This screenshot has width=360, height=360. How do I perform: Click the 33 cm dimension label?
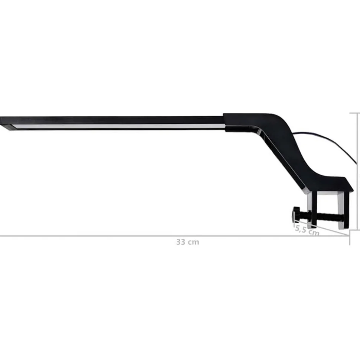point(187,242)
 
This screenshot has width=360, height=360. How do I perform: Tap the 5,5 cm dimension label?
point(307,230)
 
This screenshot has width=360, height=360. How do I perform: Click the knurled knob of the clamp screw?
point(296,214)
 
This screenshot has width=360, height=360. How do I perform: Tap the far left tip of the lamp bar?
point(0,121)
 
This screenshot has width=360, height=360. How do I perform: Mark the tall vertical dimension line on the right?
point(358,171)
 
